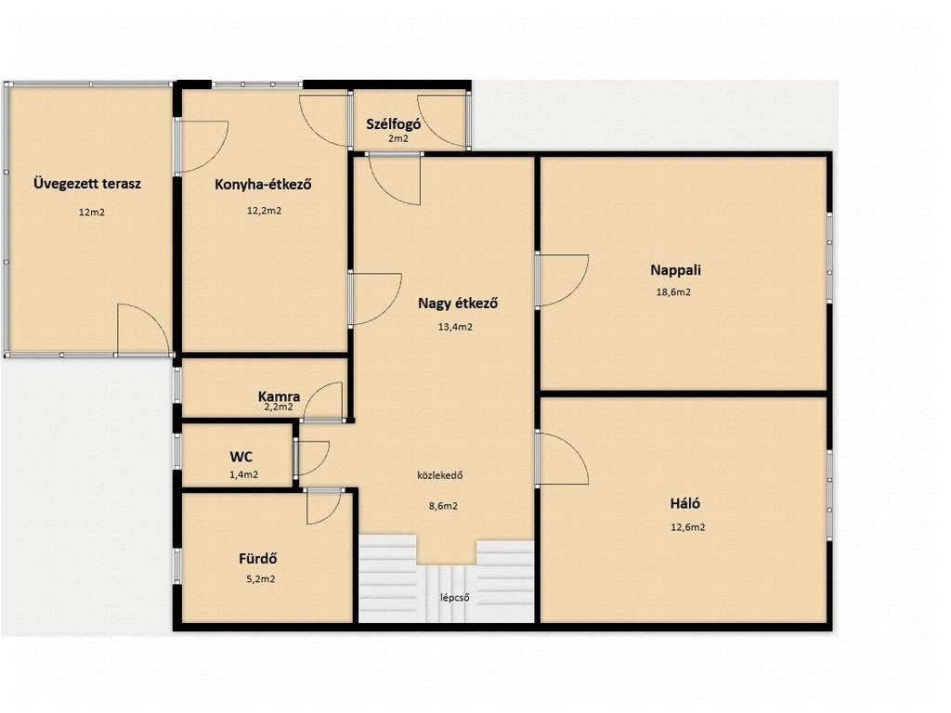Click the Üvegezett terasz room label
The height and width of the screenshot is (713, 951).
tap(86, 184)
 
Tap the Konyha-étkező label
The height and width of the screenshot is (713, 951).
tap(263, 185)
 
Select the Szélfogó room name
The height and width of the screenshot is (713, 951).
tap(394, 124)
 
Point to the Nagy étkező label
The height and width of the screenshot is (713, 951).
tap(458, 304)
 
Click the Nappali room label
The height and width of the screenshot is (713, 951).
tap(676, 270)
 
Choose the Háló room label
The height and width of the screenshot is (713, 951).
tap(685, 504)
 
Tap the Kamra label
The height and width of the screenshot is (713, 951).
tap(279, 396)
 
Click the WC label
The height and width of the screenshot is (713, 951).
tap(241, 457)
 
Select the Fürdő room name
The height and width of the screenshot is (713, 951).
tap(258, 558)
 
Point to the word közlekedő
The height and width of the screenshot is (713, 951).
tap(439, 475)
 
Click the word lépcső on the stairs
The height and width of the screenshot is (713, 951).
tap(455, 598)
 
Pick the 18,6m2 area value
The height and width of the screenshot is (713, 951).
tap(673, 292)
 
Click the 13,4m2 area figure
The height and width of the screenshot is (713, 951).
tap(455, 328)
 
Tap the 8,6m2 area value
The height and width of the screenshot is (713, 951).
tap(443, 506)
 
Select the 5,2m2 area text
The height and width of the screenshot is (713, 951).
tap(261, 579)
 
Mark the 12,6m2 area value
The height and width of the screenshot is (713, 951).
tap(688, 527)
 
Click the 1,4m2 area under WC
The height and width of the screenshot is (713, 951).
tap(244, 475)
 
